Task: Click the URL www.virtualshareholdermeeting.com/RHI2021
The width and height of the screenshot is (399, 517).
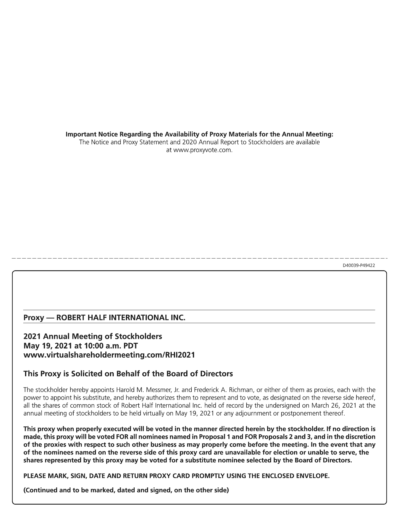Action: pos(109,355)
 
